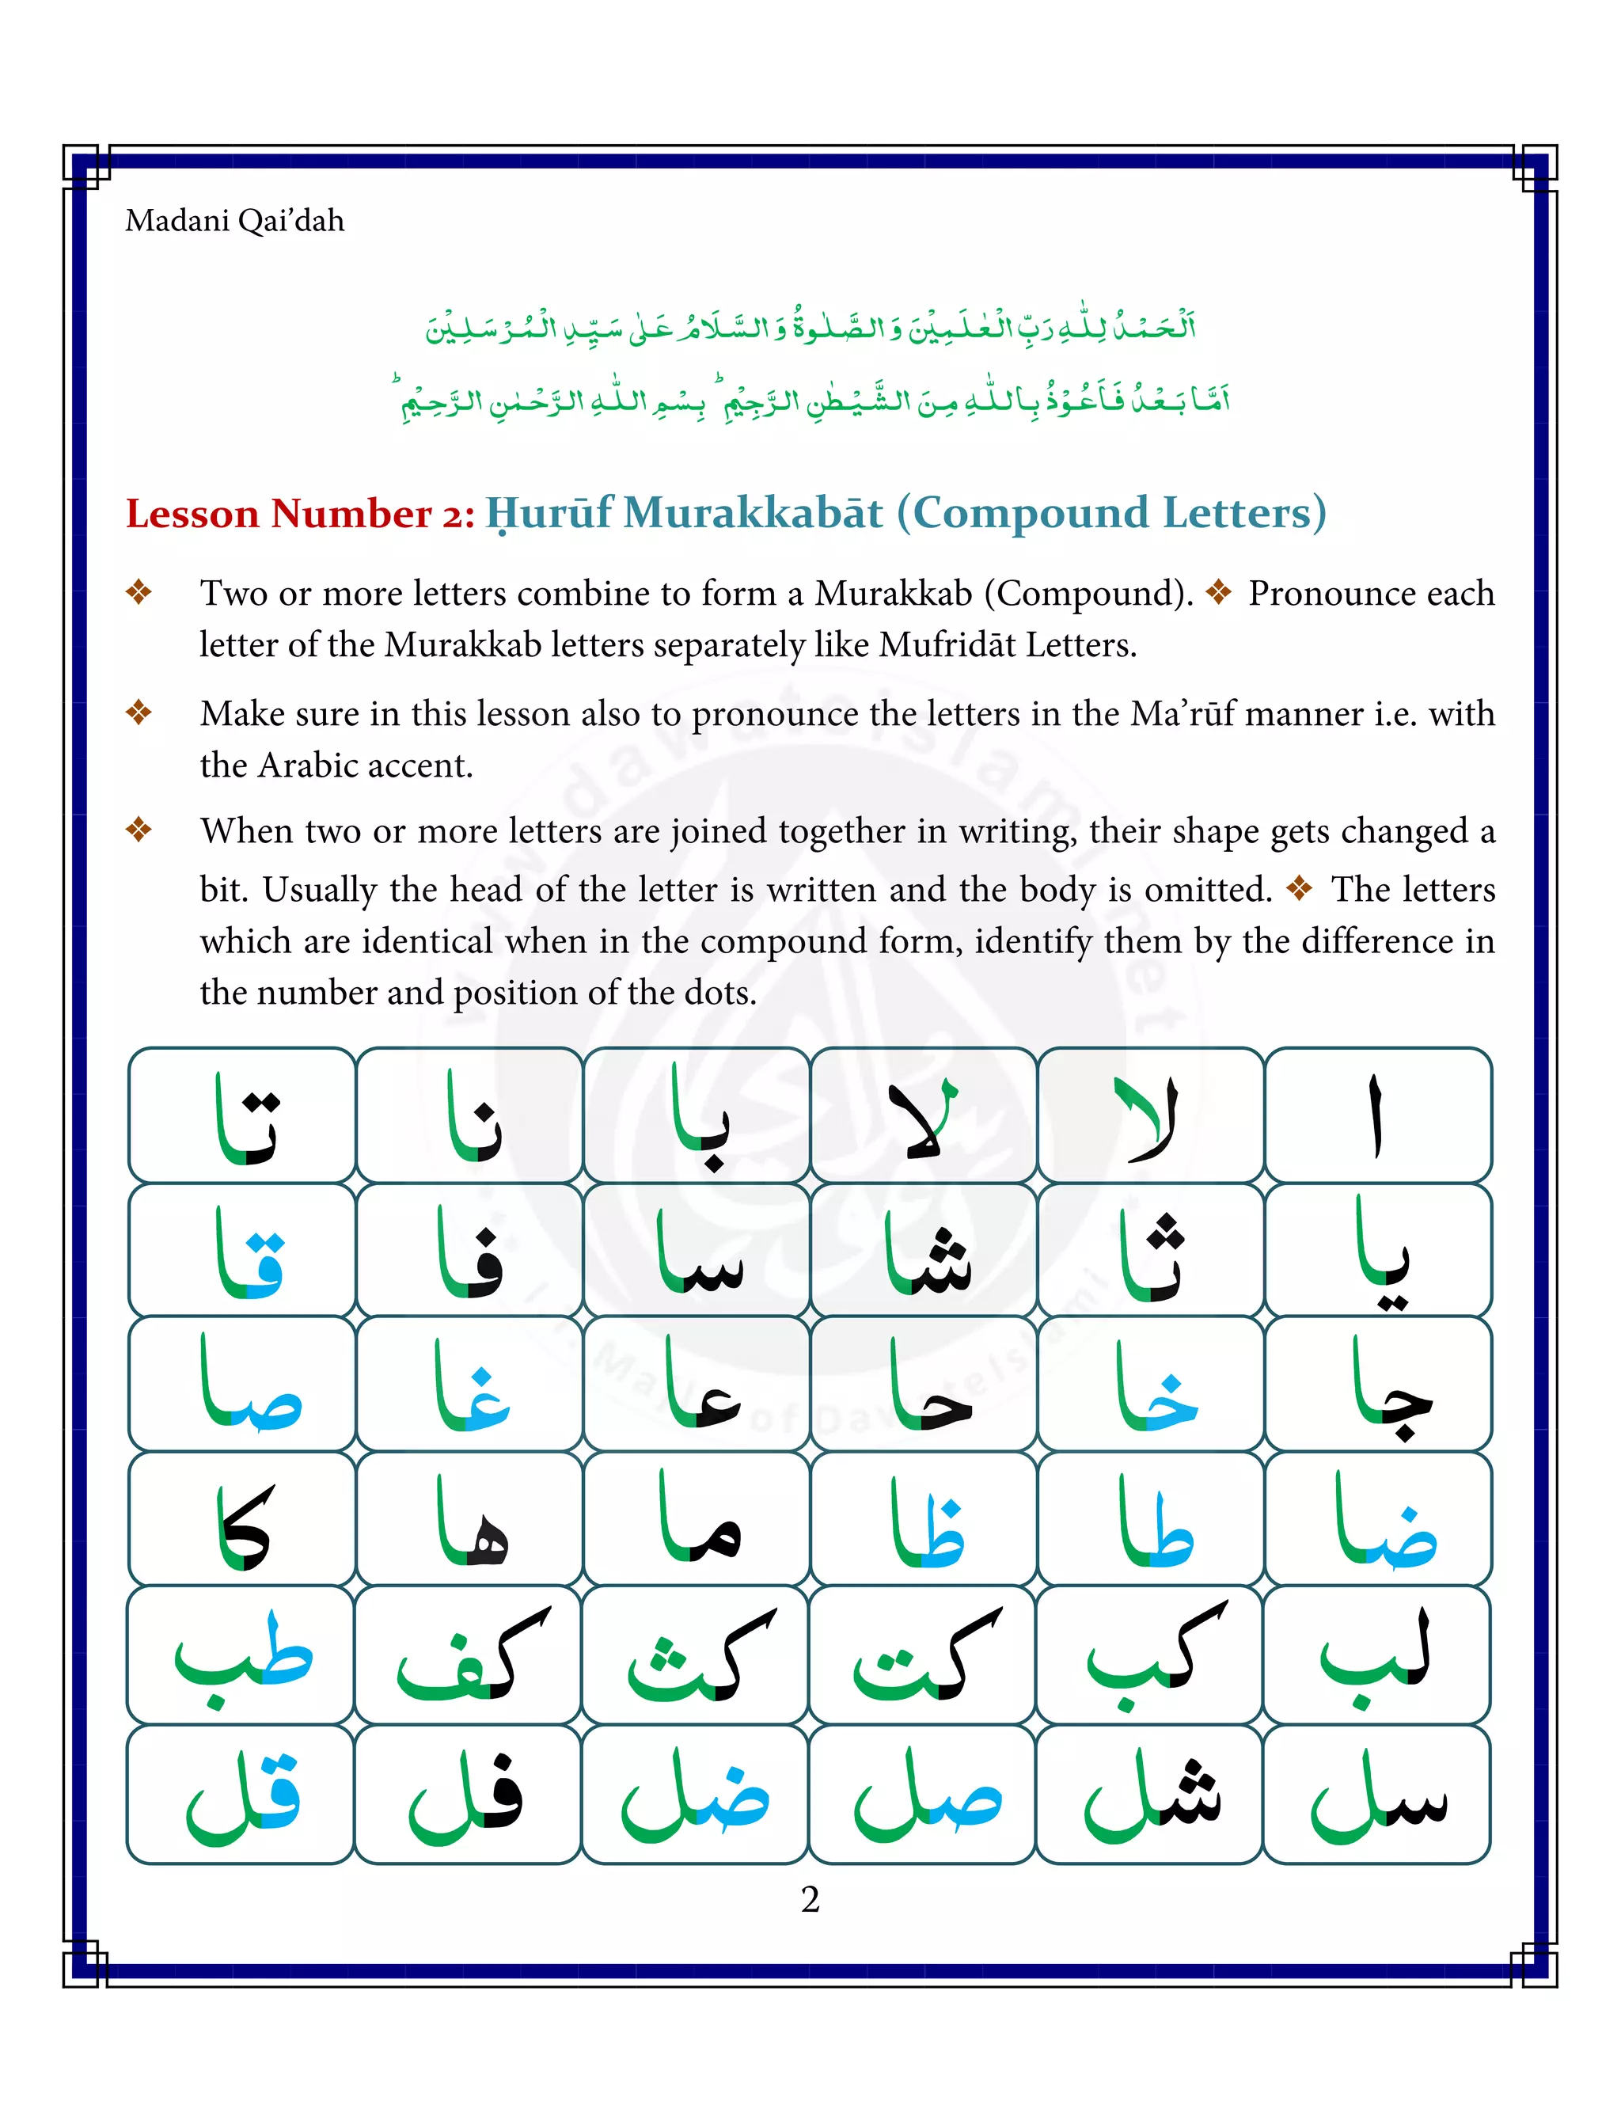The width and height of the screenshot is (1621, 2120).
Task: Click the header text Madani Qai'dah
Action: [234, 221]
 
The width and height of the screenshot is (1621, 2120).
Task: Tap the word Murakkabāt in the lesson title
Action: [753, 512]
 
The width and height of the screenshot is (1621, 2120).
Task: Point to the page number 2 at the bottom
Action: [810, 1898]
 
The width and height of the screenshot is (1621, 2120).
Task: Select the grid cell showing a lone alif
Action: [1377, 1115]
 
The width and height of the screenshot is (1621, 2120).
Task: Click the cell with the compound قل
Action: [241, 1794]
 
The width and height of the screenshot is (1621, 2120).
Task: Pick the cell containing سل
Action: [1377, 1794]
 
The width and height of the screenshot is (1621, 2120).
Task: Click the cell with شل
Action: [1150, 1794]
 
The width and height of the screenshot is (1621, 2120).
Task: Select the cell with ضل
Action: [695, 1794]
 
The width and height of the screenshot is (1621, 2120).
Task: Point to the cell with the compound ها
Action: [470, 1522]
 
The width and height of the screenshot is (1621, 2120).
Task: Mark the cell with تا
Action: [243, 1115]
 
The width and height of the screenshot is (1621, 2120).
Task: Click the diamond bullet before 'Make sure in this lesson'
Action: [139, 712]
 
